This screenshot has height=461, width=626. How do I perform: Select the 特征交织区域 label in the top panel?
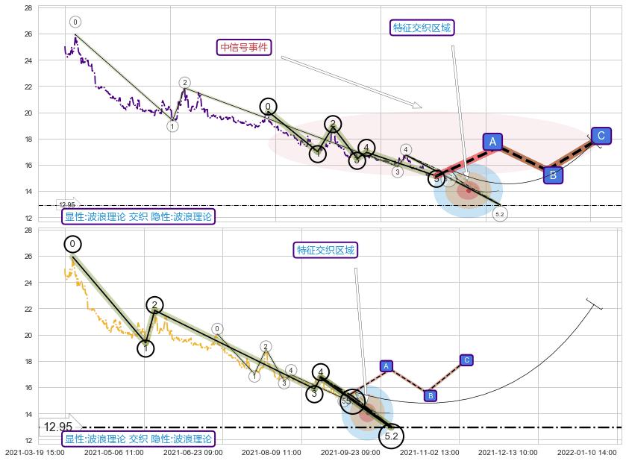click(422, 28)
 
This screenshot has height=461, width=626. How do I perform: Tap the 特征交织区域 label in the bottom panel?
click(325, 249)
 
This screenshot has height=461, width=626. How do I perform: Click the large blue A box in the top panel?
click(492, 142)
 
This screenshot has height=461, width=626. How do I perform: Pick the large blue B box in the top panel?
click(553, 175)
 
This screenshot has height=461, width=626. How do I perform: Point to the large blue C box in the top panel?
click(601, 136)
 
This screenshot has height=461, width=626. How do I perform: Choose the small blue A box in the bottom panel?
click(386, 366)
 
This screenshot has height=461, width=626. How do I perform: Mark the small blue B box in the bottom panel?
click(431, 395)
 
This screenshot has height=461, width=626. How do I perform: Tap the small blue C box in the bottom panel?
click(466, 360)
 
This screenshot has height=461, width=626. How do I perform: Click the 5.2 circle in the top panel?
click(500, 214)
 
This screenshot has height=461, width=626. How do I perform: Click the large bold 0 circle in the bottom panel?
click(72, 244)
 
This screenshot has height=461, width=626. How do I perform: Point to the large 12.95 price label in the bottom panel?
click(57, 427)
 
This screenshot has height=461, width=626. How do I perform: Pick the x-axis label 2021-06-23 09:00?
click(193, 451)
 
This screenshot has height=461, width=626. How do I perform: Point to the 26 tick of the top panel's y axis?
click(28, 34)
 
